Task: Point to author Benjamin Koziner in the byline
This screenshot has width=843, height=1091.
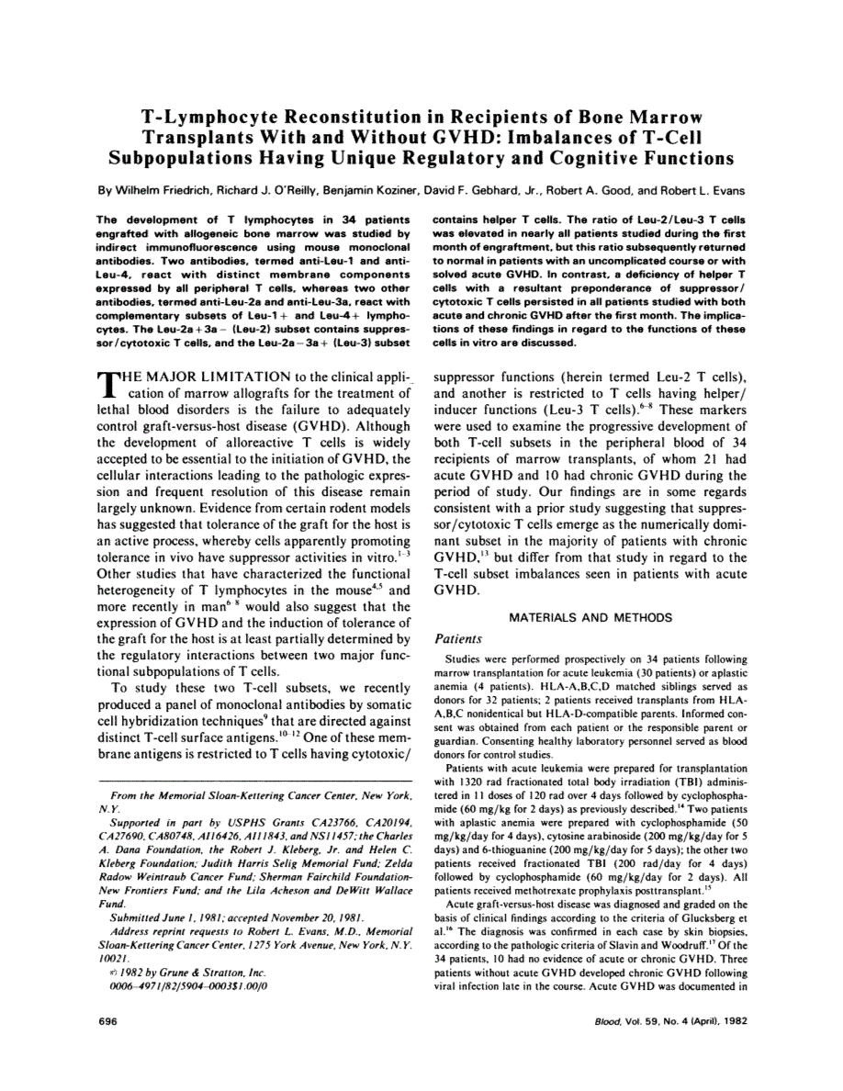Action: [375, 192]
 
